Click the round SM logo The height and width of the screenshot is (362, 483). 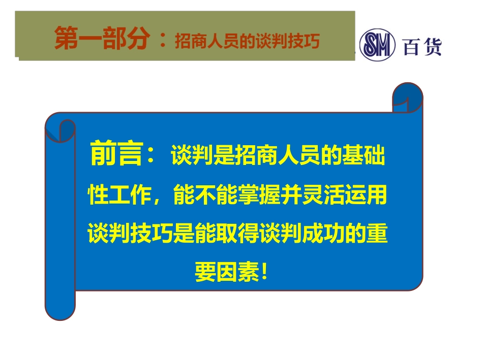point(377,46)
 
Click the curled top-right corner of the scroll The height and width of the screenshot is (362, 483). point(408,97)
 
